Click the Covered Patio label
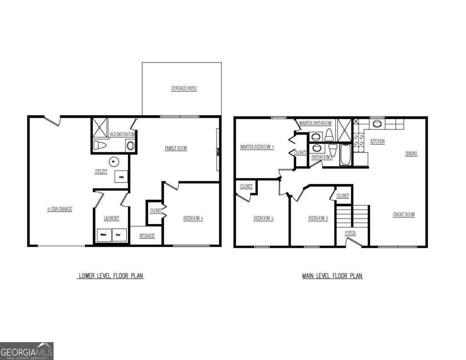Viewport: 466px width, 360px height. (184, 89)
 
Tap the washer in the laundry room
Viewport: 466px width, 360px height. (104, 235)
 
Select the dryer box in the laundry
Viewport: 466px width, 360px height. (119, 235)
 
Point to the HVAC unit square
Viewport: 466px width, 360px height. (121, 177)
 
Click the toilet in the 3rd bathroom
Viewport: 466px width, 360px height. (100, 146)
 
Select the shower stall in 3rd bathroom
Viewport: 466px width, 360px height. (99, 127)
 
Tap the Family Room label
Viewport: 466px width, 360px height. (176, 148)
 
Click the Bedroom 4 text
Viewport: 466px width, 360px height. (193, 218)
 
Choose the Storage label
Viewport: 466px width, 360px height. (147, 236)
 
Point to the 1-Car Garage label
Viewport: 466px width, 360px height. (60, 209)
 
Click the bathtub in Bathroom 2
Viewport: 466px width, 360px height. (345, 155)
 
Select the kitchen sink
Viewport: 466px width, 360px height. (377, 124)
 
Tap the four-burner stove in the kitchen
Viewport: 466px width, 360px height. (358, 139)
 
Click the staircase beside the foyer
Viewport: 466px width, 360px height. (352, 216)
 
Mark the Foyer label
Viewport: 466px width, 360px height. (350, 233)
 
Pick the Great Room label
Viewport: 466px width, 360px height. (404, 214)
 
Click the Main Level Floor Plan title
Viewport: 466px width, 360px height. (332, 276)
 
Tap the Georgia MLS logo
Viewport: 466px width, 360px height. (27, 351)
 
